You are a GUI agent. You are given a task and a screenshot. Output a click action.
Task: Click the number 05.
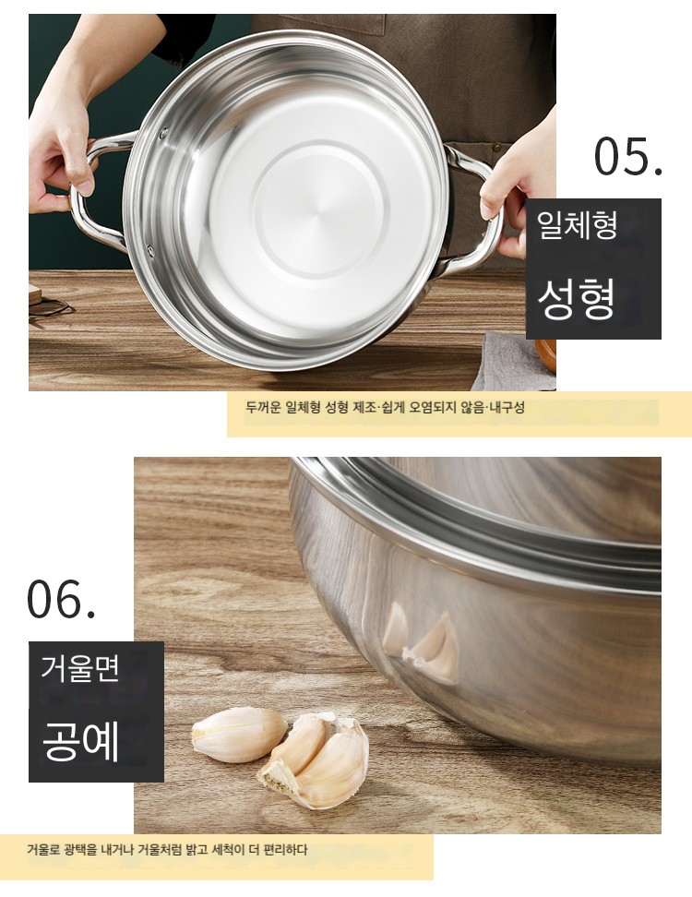628,156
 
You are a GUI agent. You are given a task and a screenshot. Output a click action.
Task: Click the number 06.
61,599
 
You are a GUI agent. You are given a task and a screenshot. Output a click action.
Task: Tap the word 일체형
577,224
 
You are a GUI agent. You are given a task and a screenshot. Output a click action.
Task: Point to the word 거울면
79,667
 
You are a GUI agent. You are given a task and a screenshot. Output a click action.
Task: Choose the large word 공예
80,740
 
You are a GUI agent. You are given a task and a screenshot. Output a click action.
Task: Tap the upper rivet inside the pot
163,134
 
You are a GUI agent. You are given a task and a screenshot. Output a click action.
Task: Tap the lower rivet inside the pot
150,250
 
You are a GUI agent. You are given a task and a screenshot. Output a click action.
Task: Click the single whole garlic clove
239,735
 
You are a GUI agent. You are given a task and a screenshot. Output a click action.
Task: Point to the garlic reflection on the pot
422,643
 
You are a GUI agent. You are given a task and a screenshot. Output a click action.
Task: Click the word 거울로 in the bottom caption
43,850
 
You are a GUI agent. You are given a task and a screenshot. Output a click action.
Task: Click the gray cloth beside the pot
507,362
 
